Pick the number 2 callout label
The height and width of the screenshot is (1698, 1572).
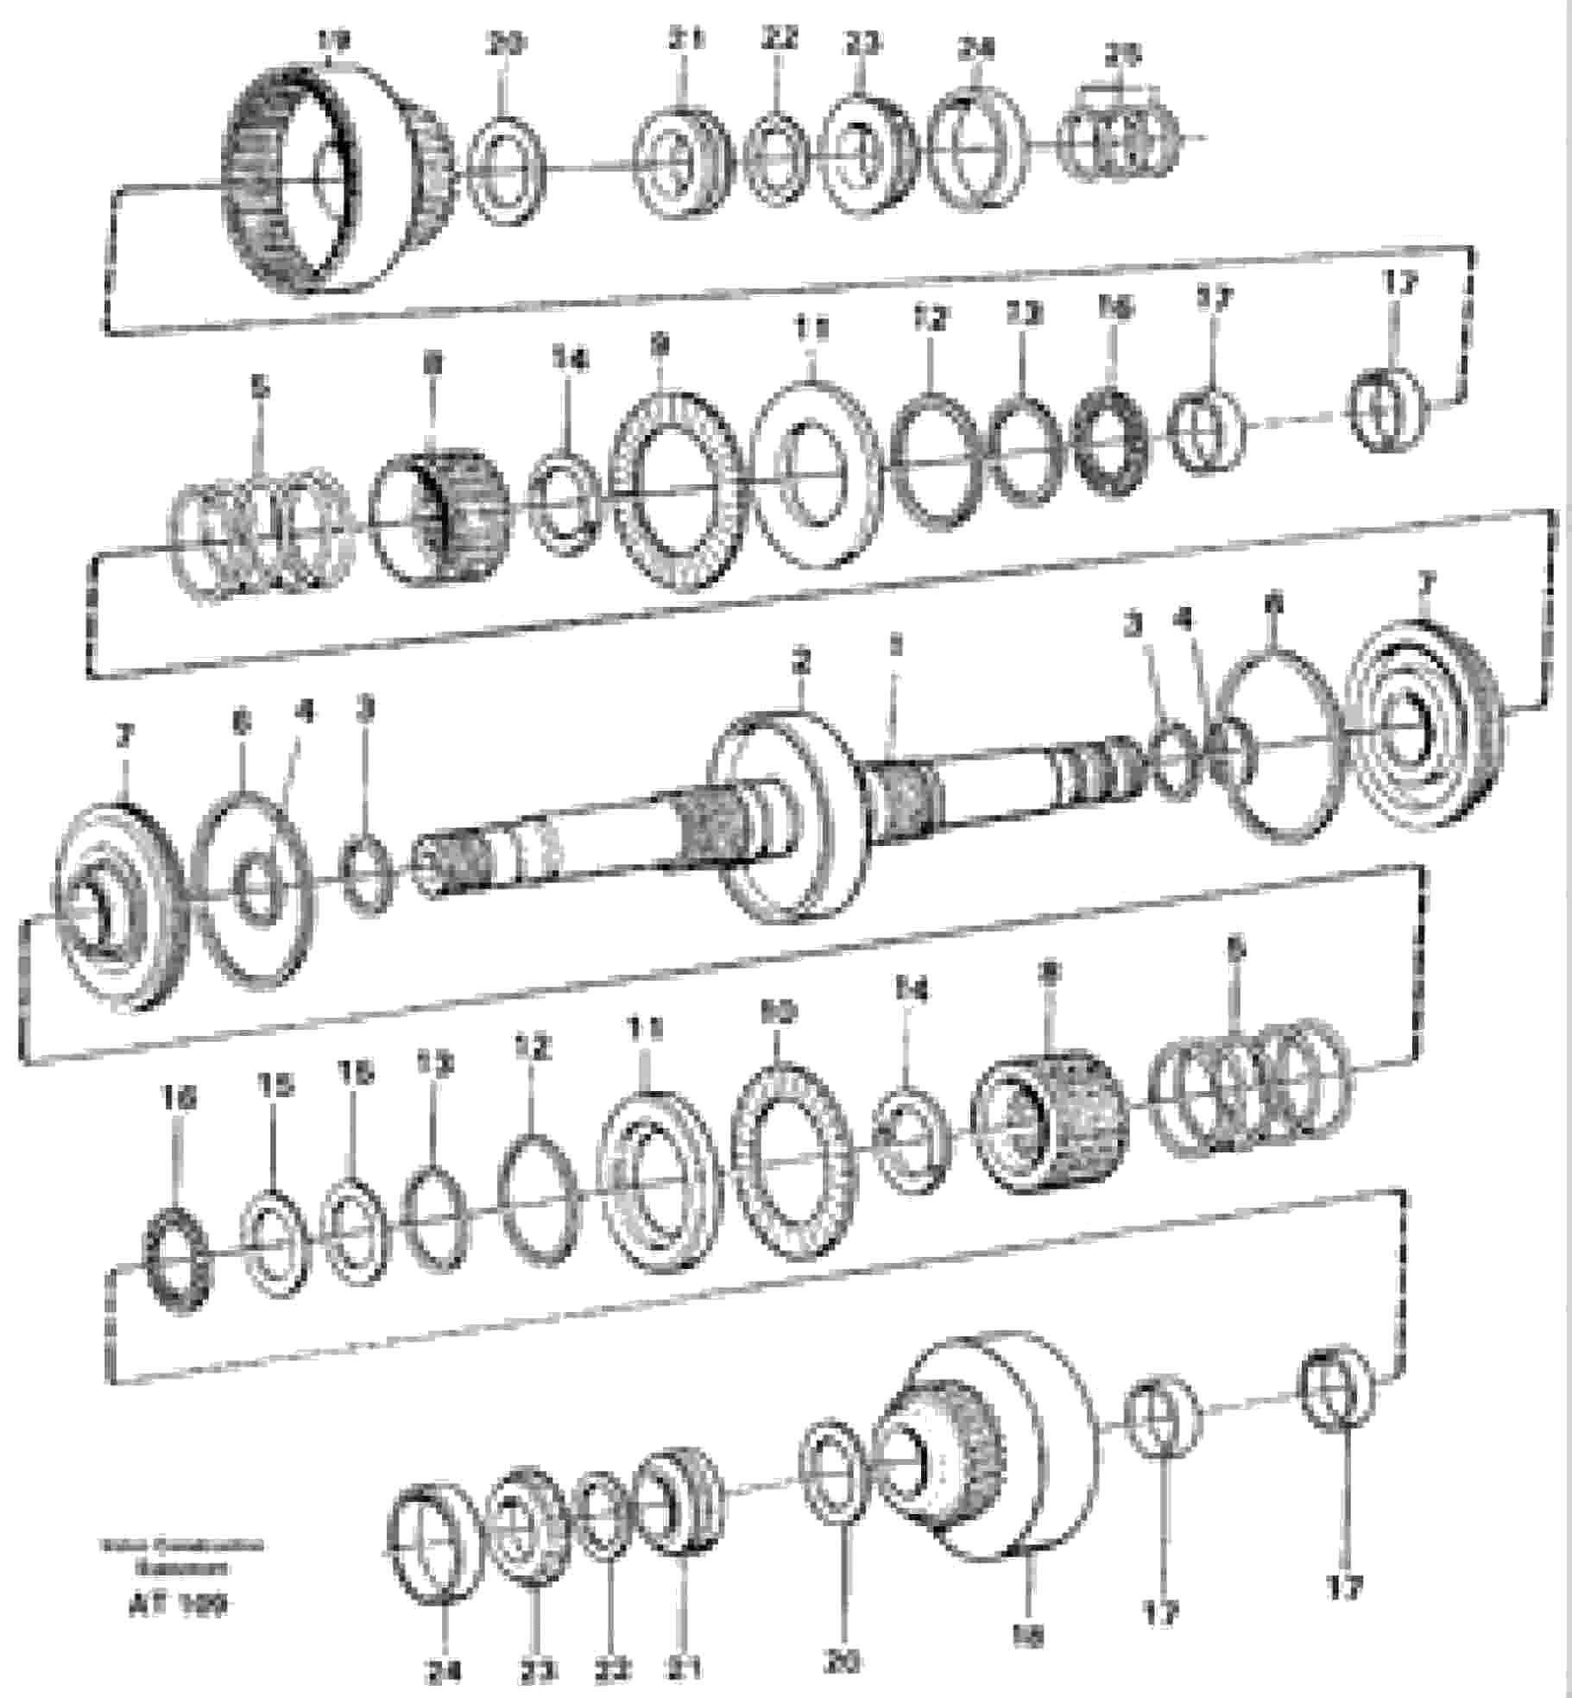(x=801, y=663)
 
